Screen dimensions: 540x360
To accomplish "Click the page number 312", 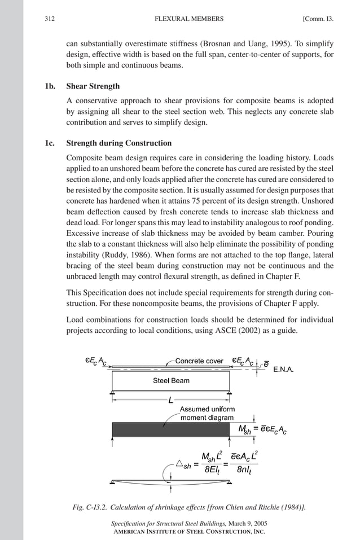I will [50, 19].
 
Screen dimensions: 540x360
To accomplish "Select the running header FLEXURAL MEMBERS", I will [188, 19].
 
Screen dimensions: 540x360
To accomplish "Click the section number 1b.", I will [50, 87].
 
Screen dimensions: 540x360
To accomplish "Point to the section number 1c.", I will [50, 143].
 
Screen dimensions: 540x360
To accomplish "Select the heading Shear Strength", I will [93, 87].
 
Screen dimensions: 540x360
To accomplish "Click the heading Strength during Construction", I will [119, 143].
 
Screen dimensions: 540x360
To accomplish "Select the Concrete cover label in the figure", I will [199, 361].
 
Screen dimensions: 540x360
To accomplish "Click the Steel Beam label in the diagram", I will [171, 380].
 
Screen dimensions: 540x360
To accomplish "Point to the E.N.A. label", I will [286, 371].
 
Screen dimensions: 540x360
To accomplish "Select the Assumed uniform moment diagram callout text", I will [207, 413].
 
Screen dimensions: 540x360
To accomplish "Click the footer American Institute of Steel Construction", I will [188, 532].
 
